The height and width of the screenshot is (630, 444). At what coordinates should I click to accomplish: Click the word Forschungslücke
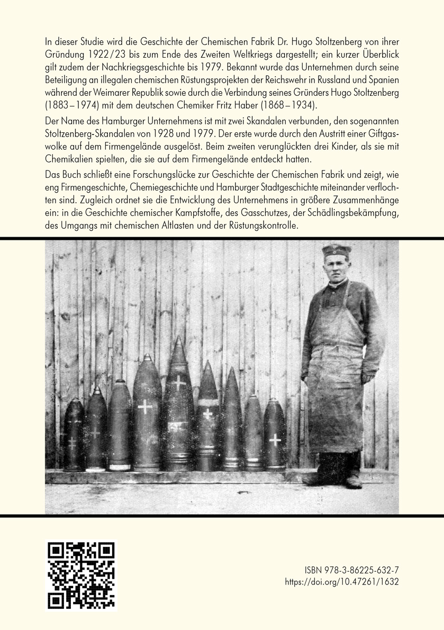pos(154,174)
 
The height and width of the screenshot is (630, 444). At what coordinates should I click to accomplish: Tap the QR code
pos(81,575)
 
